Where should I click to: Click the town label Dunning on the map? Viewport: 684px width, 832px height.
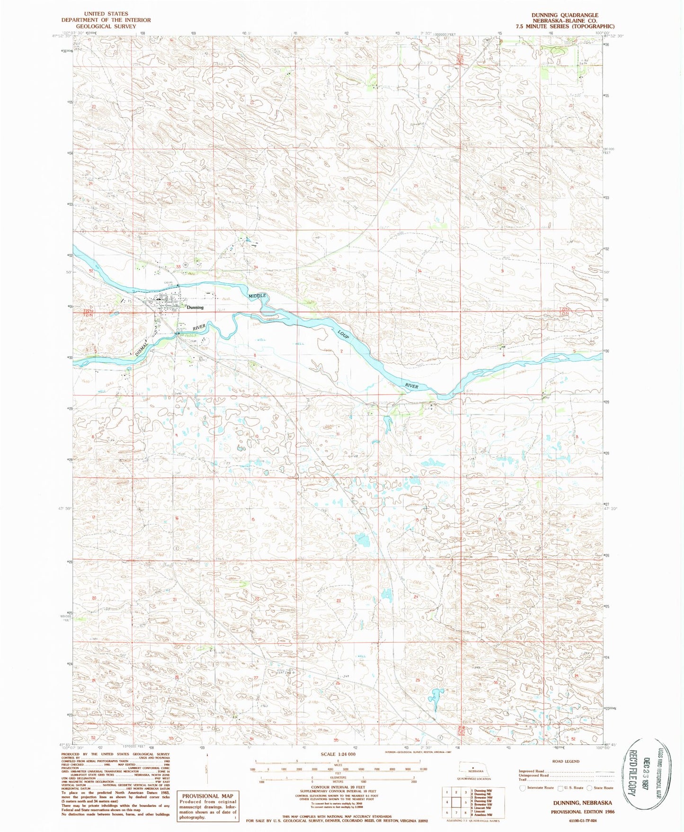coord(195,307)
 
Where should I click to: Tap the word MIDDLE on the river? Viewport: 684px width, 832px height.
coord(258,295)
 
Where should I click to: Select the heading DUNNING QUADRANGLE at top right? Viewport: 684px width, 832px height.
coord(565,15)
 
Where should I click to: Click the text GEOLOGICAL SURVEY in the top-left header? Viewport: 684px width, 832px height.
coord(106,26)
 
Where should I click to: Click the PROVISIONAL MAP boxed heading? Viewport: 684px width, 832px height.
coord(207,796)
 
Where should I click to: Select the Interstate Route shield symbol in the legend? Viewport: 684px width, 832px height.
coord(523,788)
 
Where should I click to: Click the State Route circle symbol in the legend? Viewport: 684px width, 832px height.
coord(589,788)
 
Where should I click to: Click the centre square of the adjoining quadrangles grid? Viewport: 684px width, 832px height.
coord(456,802)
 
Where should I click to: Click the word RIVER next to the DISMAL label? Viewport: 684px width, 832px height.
coord(199,327)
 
